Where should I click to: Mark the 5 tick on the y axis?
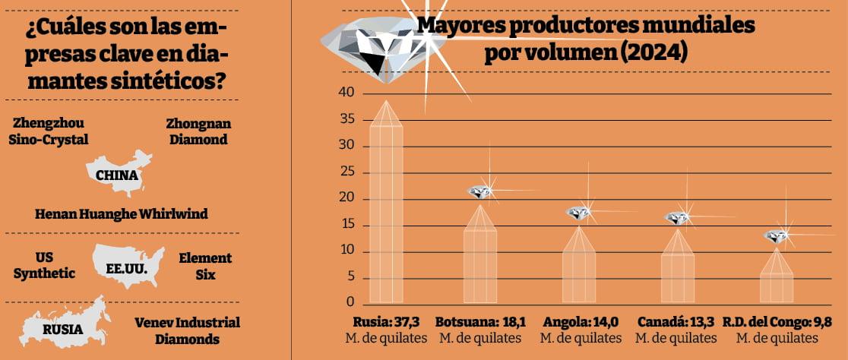coord(350,278)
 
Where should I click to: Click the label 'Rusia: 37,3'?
coord(386,321)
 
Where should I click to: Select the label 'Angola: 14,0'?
coord(579,321)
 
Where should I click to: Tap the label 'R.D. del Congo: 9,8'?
coord(777,321)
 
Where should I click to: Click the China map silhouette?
coord(119,174)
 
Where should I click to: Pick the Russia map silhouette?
coord(65,327)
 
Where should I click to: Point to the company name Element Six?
coord(205,266)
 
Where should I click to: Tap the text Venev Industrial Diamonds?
coord(187,330)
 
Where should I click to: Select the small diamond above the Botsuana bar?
coord(479,191)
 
